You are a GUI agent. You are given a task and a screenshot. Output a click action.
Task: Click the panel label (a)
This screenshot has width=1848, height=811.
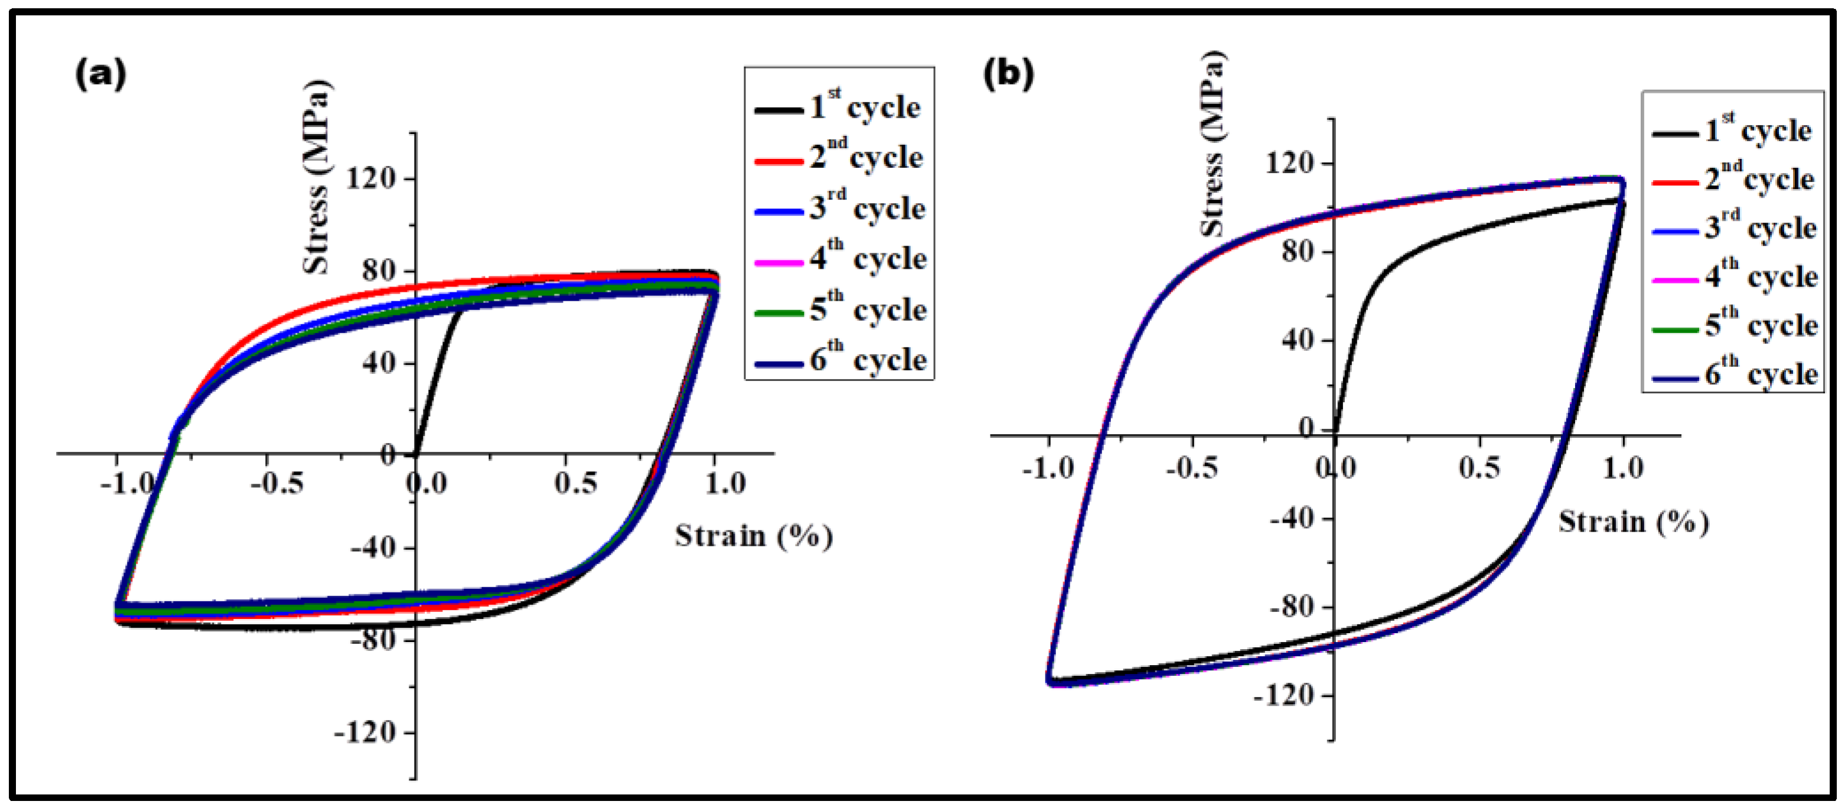coord(100,74)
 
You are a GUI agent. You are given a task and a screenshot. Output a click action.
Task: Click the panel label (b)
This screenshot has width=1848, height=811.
coord(1008,74)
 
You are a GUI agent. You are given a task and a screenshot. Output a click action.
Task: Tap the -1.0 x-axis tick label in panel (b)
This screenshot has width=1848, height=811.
coord(1048,468)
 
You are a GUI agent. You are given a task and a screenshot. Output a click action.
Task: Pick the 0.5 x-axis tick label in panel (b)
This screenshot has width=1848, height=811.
coord(1479,468)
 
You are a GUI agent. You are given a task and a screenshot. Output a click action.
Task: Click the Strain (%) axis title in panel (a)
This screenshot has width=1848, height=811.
coord(753,536)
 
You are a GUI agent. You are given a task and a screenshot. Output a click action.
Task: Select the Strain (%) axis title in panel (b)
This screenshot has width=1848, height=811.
coord(1633,522)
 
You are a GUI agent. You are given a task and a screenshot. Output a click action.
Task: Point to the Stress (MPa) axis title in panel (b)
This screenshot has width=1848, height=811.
coord(1213,144)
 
